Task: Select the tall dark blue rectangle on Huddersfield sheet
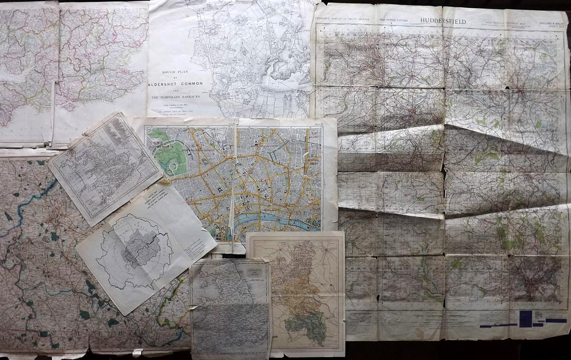click(x=525, y=318)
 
